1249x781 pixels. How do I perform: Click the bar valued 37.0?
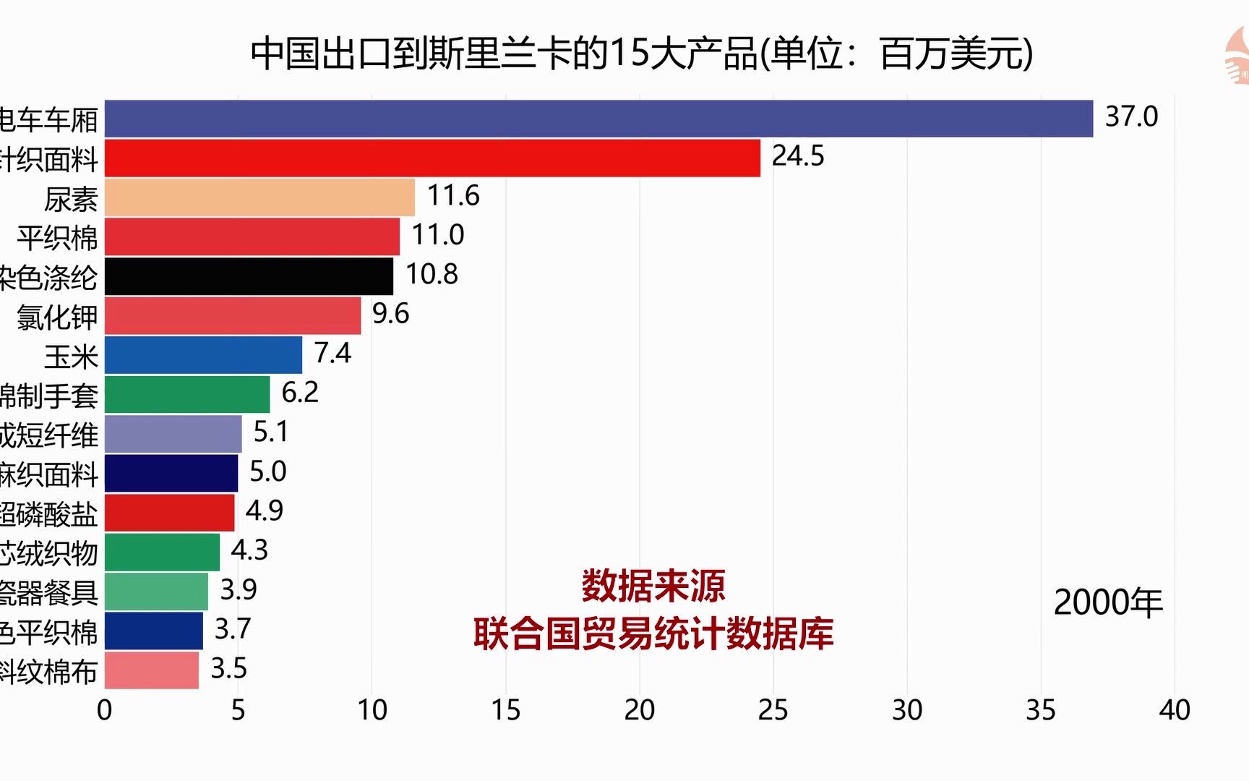tap(598, 119)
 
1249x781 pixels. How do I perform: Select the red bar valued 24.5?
tap(432, 158)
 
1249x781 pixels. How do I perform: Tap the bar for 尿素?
tap(259, 197)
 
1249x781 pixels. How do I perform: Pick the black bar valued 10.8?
tap(249, 276)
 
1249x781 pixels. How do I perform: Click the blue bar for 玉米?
tap(203, 355)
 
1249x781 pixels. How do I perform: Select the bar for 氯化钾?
tap(233, 316)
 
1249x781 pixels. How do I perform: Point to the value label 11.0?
tap(437, 235)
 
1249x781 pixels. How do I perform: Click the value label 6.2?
tap(300, 393)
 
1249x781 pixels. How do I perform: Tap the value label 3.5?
tap(228, 669)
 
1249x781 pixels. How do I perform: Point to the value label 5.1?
tap(271, 432)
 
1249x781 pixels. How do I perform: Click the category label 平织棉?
tap(57, 238)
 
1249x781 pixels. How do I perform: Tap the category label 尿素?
tap(71, 199)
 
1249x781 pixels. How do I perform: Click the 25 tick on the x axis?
tap(773, 710)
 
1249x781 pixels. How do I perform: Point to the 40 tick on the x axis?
tap(1174, 710)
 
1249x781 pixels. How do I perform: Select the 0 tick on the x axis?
tap(105, 710)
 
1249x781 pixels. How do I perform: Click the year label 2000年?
tap(1108, 602)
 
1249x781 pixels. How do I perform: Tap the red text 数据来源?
tap(653, 586)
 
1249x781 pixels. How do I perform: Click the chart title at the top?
tap(642, 54)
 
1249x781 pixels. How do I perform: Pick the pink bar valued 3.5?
tap(152, 670)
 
